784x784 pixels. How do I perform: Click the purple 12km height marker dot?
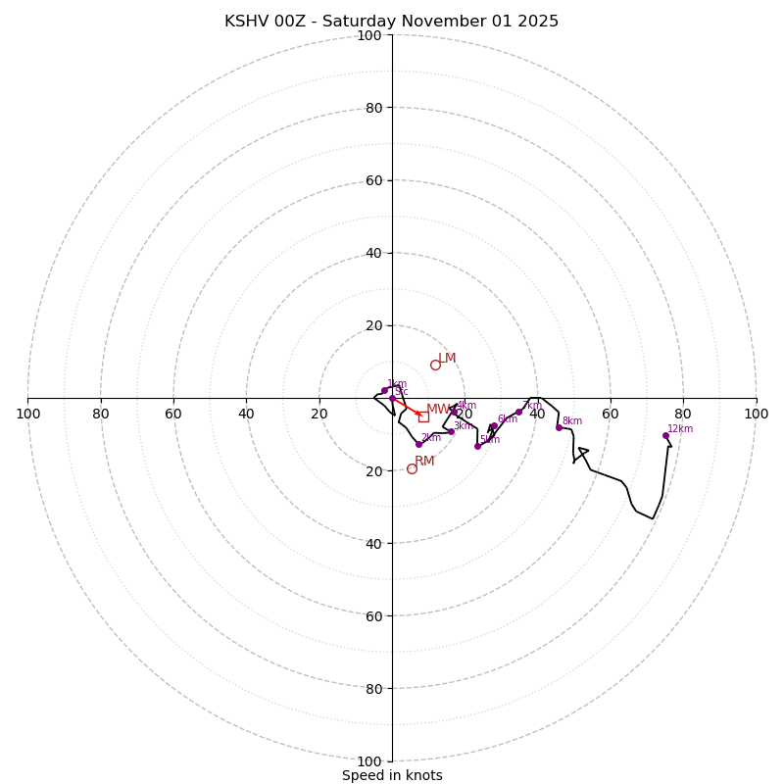tap(665, 435)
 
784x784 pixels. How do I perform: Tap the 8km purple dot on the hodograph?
tap(559, 427)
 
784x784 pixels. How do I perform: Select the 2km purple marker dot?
tap(418, 444)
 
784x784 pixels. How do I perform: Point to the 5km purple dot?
tap(477, 446)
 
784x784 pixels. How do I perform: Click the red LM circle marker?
tap(435, 365)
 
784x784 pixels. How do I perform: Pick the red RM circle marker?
tap(412, 468)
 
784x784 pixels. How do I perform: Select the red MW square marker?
tap(423, 416)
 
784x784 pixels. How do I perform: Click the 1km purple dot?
tap(384, 390)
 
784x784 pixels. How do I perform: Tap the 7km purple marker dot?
tap(518, 413)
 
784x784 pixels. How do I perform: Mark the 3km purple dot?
tap(451, 431)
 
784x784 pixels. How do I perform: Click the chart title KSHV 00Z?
tap(391, 22)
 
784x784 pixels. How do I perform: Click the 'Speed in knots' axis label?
tap(392, 775)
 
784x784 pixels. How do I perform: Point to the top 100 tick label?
tap(368, 35)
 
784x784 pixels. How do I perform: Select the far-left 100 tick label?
tap(27, 414)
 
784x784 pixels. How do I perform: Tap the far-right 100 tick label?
tap(756, 414)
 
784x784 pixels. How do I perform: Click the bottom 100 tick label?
tap(368, 760)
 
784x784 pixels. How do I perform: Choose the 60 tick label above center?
tap(372, 180)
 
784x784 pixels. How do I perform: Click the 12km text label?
tap(680, 428)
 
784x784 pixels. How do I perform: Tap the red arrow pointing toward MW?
tap(407, 407)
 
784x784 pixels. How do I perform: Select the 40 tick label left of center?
tap(246, 414)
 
